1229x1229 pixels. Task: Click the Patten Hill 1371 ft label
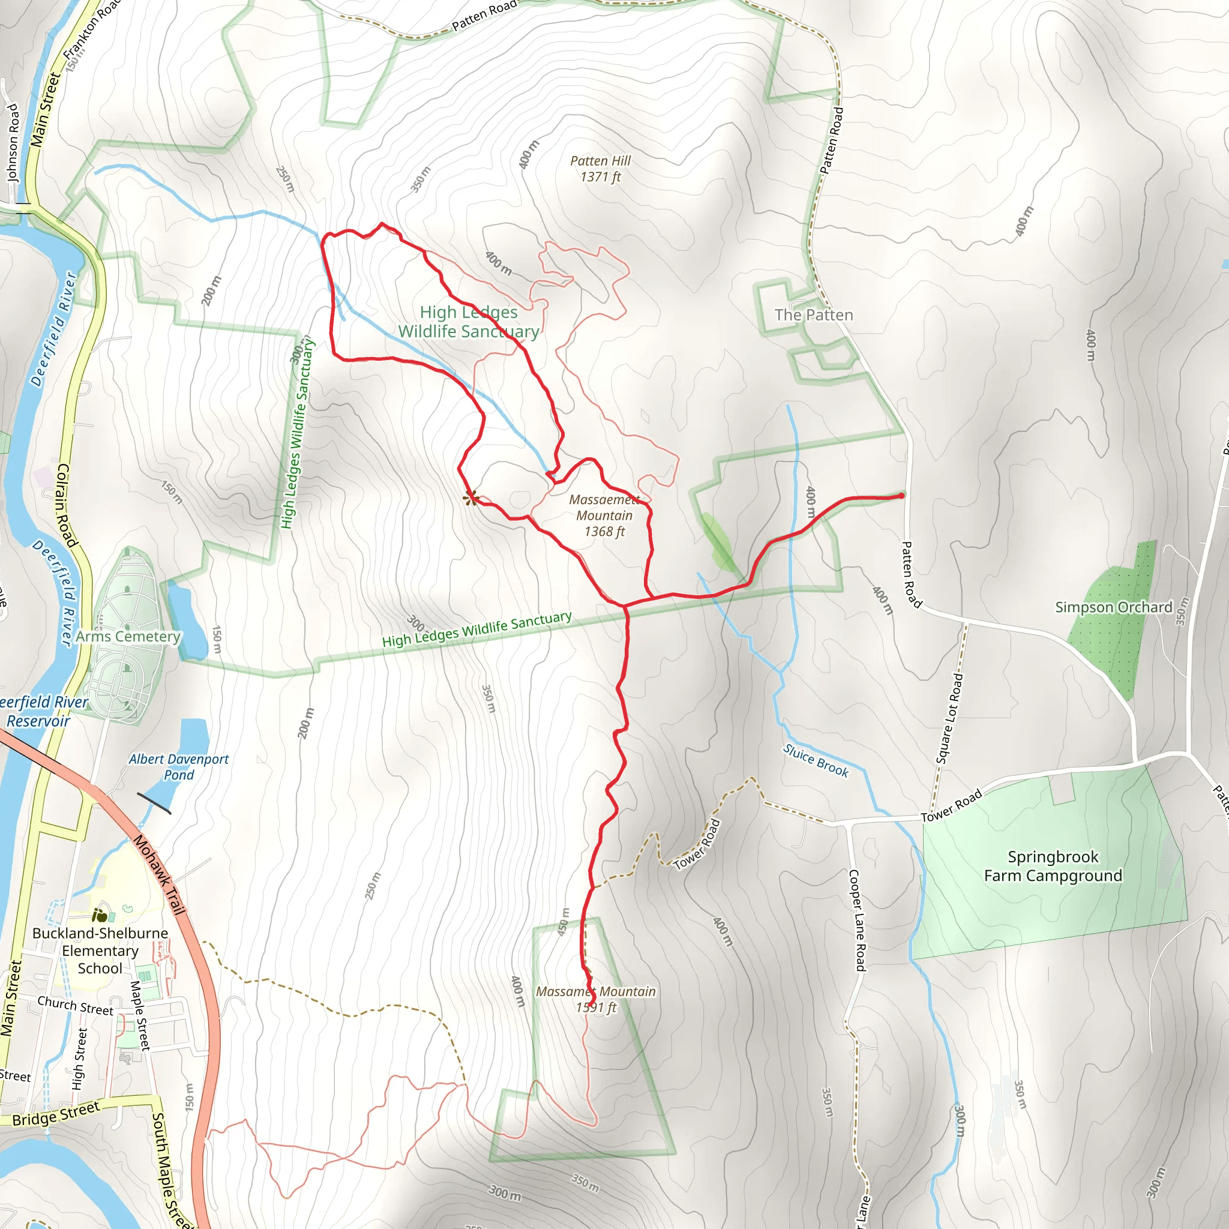(x=600, y=169)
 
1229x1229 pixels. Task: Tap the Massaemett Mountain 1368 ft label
(x=604, y=515)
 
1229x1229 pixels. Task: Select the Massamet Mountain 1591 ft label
(x=595, y=999)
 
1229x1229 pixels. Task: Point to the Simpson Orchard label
(x=1113, y=607)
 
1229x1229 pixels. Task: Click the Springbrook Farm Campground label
(x=1053, y=867)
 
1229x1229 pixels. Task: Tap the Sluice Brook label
(x=816, y=761)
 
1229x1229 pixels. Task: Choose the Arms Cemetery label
(x=128, y=637)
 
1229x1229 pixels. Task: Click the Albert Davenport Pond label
(x=179, y=766)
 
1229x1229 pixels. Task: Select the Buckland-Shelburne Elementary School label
(x=100, y=951)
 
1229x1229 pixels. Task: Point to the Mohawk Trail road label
(x=159, y=876)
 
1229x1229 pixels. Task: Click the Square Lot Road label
(x=949, y=719)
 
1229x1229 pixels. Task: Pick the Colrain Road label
(x=66, y=506)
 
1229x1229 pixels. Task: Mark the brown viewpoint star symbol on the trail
(x=470, y=498)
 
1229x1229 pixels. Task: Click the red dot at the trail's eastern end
(x=901, y=496)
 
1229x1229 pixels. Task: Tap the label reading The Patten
(x=814, y=316)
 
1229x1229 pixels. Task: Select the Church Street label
(x=75, y=1005)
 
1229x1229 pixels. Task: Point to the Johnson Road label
(x=13, y=143)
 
